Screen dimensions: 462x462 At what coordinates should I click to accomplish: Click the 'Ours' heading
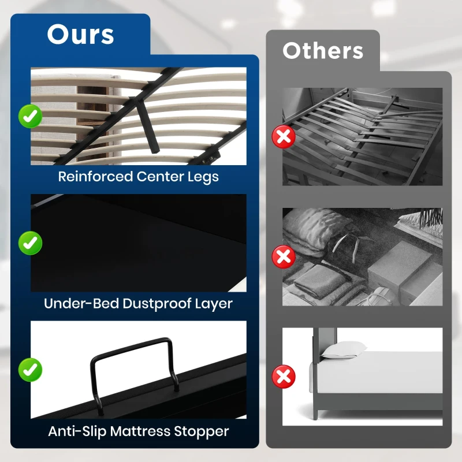click(x=80, y=35)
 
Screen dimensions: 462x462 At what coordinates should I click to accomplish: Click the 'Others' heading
click(x=323, y=51)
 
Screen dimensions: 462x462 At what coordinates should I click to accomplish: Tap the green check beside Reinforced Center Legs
click(x=29, y=116)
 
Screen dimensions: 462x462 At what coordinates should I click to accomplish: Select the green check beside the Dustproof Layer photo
click(x=29, y=243)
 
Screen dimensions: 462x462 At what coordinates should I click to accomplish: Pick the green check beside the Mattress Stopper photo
click(x=29, y=369)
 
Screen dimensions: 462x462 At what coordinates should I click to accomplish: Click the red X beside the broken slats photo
click(x=284, y=136)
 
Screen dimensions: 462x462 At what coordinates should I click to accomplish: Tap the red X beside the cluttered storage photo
click(x=284, y=256)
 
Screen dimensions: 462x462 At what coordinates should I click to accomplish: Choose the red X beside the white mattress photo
click(x=284, y=377)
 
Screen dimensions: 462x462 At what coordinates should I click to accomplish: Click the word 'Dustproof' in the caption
click(x=150, y=303)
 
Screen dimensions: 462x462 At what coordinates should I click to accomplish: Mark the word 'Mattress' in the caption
click(x=140, y=431)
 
